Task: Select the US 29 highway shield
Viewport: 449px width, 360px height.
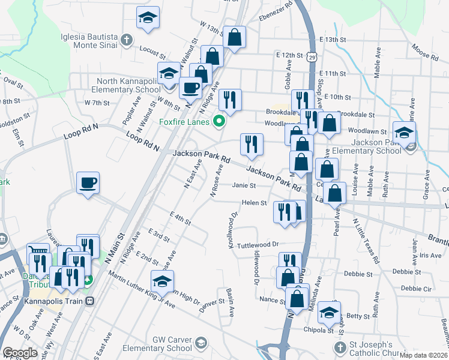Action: pyautogui.click(x=310, y=57)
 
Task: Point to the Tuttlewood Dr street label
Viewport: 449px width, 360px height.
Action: pyautogui.click(x=258, y=244)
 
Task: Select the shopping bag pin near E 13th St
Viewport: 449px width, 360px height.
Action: pyautogui.click(x=234, y=37)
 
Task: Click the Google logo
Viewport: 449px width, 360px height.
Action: pyautogui.click(x=20, y=353)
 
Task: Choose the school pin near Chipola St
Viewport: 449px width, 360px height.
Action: pyautogui.click(x=329, y=312)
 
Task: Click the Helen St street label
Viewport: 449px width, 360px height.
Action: pyautogui.click(x=254, y=203)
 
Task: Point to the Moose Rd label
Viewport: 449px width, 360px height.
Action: pyautogui.click(x=425, y=52)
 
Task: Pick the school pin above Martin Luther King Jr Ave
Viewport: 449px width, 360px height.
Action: pyautogui.click(x=162, y=281)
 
